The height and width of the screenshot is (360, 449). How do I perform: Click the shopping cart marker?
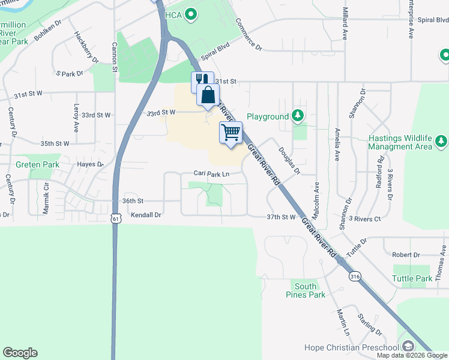point(231,133)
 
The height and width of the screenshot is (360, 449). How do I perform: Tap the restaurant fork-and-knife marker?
point(202,80)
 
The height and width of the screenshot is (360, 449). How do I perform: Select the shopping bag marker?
point(208,95)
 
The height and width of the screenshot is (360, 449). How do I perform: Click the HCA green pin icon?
point(191,14)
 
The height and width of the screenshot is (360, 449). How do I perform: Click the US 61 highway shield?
point(116,219)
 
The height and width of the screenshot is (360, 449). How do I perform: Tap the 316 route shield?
point(355,276)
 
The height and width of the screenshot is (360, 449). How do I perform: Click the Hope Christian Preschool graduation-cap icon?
point(408,347)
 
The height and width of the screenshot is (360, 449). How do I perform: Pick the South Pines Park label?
point(306,290)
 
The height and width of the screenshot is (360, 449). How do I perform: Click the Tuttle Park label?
point(412,278)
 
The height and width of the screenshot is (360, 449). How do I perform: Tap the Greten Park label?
point(37,164)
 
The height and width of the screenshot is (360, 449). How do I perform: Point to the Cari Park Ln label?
point(211,173)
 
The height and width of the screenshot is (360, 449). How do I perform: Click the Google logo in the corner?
point(20,353)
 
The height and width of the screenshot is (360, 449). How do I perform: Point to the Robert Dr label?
point(406,254)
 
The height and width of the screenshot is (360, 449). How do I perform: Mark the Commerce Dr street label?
point(249,33)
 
